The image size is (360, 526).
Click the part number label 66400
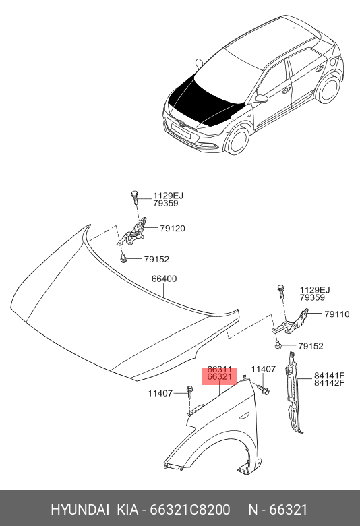(x=164, y=279)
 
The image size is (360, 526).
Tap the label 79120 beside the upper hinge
(x=173, y=229)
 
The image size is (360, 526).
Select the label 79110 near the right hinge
(x=337, y=314)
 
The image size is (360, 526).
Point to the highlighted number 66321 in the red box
(x=219, y=377)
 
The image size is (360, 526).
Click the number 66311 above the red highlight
(x=219, y=370)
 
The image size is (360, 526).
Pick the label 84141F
(x=330, y=376)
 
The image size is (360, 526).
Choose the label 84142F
(x=330, y=383)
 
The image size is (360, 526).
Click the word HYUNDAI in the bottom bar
(x=80, y=510)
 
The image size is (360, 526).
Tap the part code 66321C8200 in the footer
(x=190, y=510)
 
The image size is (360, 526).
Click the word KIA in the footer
(x=127, y=510)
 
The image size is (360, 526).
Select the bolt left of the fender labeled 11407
(x=189, y=392)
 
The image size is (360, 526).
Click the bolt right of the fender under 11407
(x=264, y=390)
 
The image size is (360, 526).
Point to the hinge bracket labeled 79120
(x=132, y=232)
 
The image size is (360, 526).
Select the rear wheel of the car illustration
(x=328, y=89)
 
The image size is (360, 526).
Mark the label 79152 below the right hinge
(x=311, y=346)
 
